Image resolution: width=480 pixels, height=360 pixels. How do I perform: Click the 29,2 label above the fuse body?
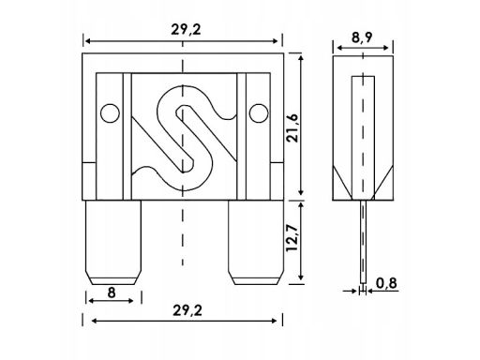point(183,27)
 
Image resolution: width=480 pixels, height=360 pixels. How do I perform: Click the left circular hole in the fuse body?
point(109,113)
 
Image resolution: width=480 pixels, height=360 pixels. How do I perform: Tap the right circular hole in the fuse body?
point(257,113)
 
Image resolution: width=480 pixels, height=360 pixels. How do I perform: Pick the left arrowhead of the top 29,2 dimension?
point(87,41)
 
